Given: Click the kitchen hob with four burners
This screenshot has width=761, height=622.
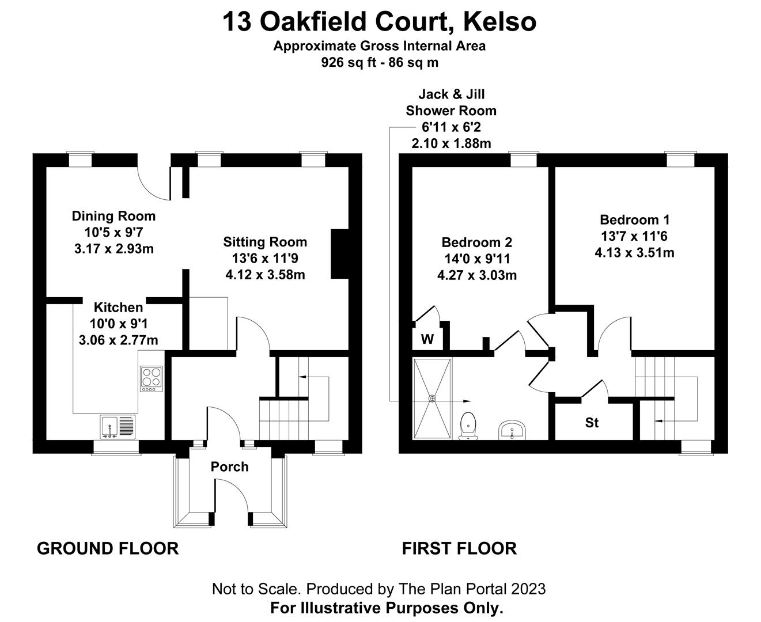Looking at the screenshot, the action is [152, 379].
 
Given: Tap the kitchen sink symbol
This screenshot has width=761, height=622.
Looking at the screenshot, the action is [118, 427].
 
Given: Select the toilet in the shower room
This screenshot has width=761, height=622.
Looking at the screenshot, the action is [468, 426].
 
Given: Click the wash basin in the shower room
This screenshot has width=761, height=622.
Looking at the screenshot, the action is [512, 430].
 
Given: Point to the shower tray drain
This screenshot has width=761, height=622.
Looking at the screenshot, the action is [432, 399].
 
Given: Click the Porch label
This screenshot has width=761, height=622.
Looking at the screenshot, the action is [229, 467].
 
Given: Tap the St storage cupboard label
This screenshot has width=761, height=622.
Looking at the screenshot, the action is [592, 423].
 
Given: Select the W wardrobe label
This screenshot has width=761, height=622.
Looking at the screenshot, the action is [427, 339].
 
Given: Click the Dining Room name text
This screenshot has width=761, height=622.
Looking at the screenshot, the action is [113, 216].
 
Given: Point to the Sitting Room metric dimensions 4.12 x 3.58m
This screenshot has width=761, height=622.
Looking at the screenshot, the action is [265, 275].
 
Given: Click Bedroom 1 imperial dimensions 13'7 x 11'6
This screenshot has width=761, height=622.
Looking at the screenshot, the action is [634, 236].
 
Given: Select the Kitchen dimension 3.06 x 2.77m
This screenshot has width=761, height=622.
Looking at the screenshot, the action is [118, 340].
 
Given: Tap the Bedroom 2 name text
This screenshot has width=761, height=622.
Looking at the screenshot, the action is [476, 242].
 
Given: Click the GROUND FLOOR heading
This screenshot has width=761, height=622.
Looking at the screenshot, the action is [108, 549].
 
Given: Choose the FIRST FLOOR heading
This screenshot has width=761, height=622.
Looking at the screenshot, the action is [459, 549].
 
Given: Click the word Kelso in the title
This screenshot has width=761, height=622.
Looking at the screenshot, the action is [500, 22].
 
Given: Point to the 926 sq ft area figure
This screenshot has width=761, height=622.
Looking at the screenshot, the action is [347, 62].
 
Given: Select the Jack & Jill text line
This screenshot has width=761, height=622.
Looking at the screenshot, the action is [452, 94].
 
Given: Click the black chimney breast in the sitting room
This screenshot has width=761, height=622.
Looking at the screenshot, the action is [340, 254].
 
